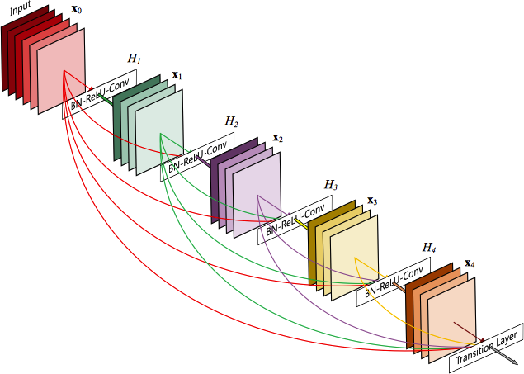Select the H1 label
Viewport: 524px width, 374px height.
point(134,59)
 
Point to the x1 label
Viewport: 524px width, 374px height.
point(177,75)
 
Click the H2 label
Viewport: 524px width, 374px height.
point(232,122)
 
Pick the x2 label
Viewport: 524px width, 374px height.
point(278,138)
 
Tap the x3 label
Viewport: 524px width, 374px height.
point(372,201)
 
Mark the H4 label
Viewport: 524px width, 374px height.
point(429,247)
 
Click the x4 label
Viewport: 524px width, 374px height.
point(470,263)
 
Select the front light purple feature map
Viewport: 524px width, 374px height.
point(257,195)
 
